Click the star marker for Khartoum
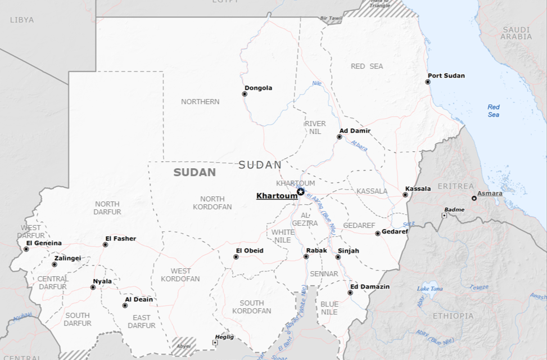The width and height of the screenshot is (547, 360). coord(301,192)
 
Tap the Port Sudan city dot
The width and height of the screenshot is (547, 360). coord(428,82)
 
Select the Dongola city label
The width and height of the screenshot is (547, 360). coord(259,88)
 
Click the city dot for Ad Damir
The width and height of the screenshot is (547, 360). coord(340,137)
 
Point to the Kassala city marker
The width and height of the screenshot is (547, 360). coord(405,195)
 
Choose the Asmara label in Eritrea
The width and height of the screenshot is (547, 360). coord(490,193)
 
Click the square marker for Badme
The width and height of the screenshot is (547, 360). coord(444,215)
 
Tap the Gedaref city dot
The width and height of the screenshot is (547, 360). coord(378,233)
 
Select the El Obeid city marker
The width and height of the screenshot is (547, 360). coord(236,257)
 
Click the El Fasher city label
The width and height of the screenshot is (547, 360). coord(120,238)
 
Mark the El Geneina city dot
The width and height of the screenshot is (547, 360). coord(26,249)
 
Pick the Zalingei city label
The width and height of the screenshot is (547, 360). coord(67,258)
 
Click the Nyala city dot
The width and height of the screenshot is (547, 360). coord(93,287)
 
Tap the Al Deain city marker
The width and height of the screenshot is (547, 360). coord(125,306)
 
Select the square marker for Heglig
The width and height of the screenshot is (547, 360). coord(215,343)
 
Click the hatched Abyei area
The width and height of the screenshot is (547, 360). coord(183,344)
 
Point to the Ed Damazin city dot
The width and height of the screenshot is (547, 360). coord(350,292)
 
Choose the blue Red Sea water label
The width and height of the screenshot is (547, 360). coord(493,111)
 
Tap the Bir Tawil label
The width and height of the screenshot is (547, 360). coord(331,18)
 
